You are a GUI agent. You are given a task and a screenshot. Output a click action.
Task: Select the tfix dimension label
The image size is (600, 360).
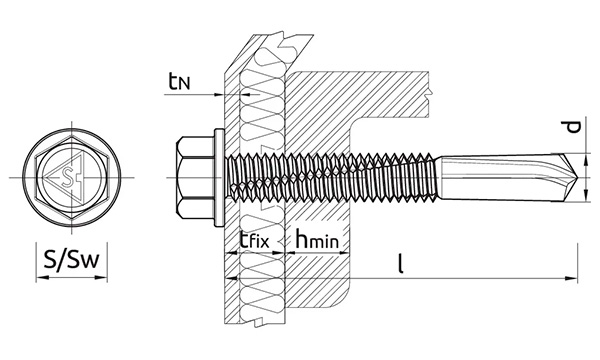254,240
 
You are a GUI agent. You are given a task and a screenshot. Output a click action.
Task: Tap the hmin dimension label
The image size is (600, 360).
317,239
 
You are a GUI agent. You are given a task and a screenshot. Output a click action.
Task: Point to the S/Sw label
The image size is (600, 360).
72,260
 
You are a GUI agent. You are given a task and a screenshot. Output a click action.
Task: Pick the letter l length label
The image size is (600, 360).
401,265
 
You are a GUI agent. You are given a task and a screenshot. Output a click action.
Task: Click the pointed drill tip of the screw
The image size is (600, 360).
575,177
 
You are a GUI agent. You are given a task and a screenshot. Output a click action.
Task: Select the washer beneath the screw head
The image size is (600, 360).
219,177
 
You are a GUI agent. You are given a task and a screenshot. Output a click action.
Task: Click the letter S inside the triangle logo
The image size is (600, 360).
69,177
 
